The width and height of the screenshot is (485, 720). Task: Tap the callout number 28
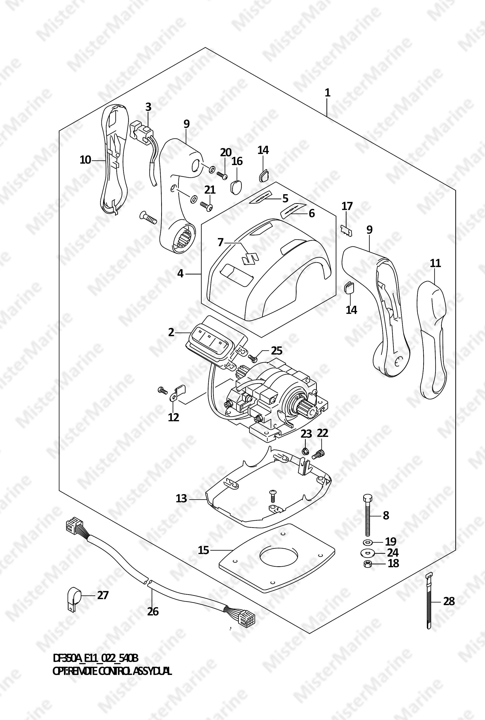[449, 601]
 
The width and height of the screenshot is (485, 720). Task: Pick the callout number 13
[181, 499]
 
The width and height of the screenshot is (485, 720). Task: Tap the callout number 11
[435, 263]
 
